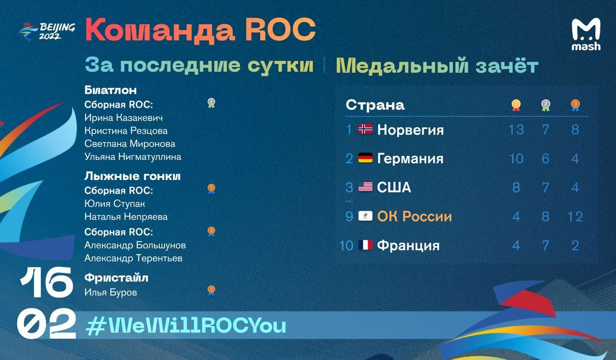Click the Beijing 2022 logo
point(47,31)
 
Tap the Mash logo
point(586,34)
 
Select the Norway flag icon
point(365,129)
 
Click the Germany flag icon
point(365,158)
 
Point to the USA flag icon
point(365,187)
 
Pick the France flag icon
point(365,245)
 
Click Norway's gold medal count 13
point(516,129)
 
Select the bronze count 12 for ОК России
point(575,217)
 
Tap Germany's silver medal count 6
point(546,158)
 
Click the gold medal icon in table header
point(516,105)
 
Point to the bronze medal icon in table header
point(575,105)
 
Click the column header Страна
point(375,105)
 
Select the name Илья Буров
point(111,292)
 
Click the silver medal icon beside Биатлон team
point(211,103)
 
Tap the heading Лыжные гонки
point(132,176)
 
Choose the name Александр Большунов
point(135,245)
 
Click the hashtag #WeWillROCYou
point(186,326)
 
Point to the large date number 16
point(46,283)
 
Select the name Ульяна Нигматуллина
point(133,157)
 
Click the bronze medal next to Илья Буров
point(211,290)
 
